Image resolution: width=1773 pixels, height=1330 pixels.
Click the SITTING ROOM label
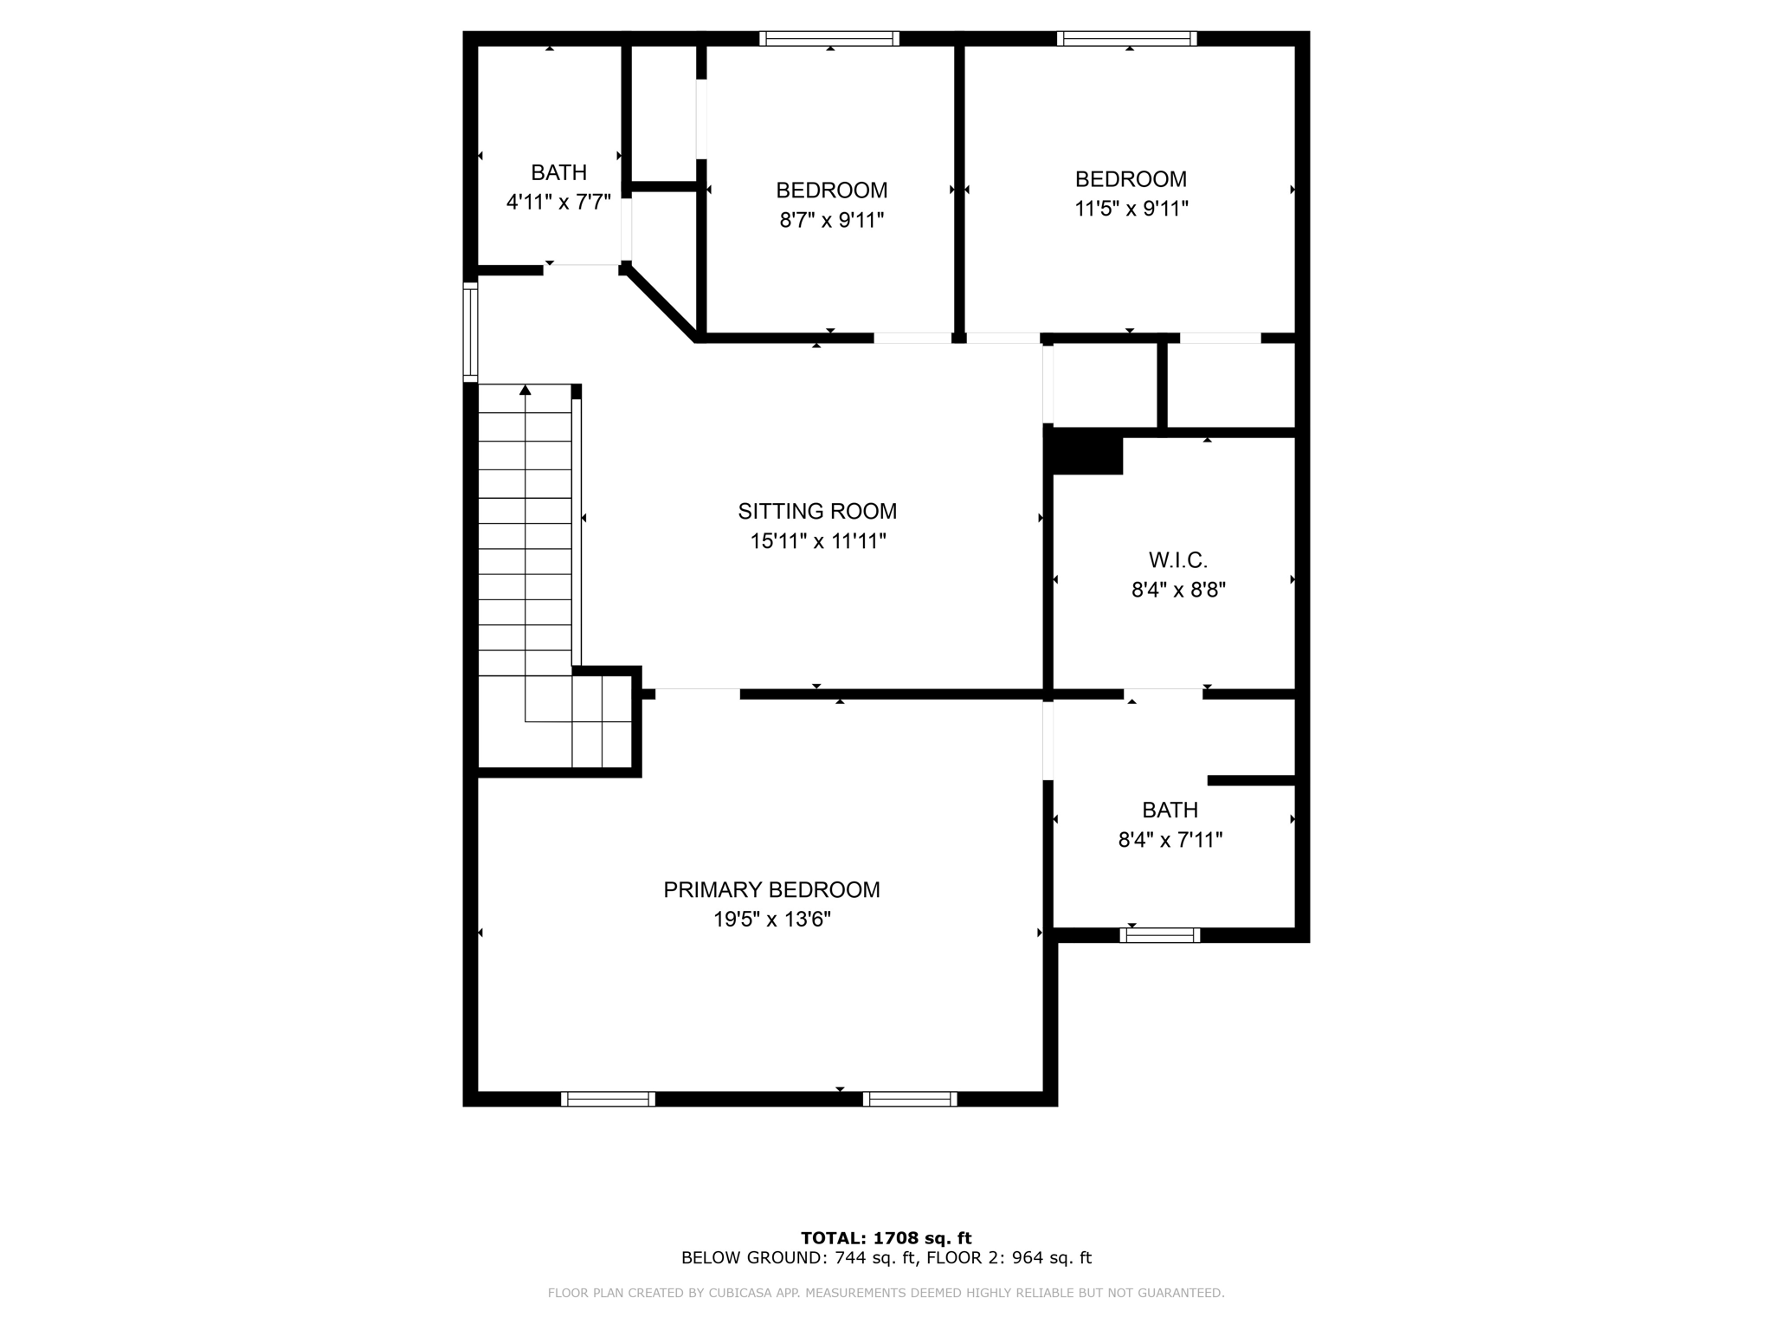(x=817, y=511)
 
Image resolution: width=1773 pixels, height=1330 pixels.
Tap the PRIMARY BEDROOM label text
(x=771, y=889)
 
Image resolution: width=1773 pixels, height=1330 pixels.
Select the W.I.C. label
(x=1177, y=560)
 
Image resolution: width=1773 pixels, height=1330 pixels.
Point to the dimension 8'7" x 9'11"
(x=831, y=220)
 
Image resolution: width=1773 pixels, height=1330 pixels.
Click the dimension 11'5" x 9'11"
(x=1131, y=209)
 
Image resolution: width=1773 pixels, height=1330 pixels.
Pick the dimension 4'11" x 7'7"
(x=558, y=203)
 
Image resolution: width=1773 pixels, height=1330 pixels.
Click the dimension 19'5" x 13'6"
(x=771, y=920)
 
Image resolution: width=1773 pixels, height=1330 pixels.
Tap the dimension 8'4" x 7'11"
(x=1170, y=840)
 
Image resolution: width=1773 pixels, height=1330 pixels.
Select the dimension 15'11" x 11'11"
(x=817, y=541)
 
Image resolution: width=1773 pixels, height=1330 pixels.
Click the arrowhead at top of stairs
(x=525, y=390)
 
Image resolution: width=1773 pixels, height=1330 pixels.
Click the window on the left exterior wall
(x=470, y=332)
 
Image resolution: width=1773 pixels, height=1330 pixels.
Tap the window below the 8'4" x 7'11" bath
(x=1159, y=935)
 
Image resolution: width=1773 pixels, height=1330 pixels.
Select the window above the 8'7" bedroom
(x=829, y=38)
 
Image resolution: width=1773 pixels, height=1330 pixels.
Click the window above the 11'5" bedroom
(x=1126, y=38)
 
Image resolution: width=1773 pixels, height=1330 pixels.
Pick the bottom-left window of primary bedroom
(x=608, y=1099)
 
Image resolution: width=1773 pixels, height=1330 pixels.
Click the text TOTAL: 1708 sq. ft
(x=886, y=1238)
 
